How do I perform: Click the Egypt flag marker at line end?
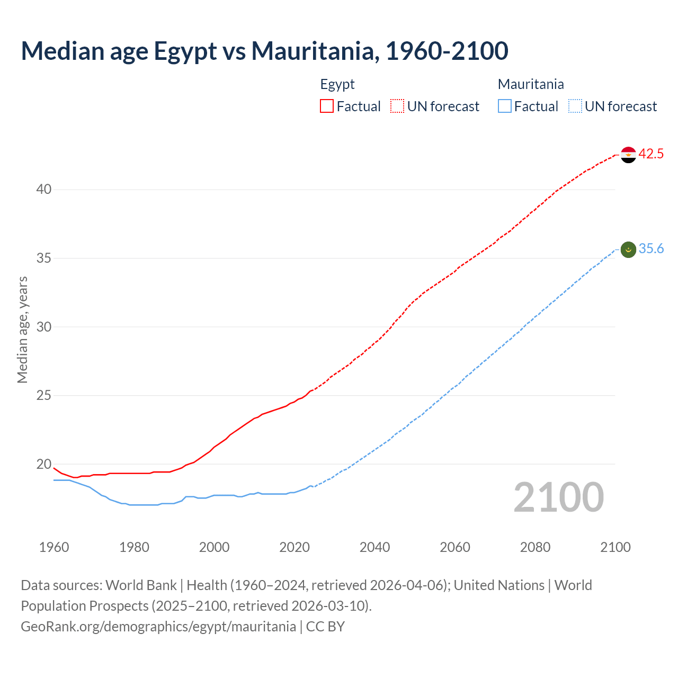click(628, 155)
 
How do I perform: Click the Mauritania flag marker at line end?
click(628, 249)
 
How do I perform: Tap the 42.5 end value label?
click(651, 154)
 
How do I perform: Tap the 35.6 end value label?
click(651, 249)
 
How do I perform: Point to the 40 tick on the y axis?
click(44, 190)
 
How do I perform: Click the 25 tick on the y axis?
click(44, 396)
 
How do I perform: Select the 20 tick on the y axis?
click(44, 465)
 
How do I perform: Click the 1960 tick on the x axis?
click(54, 547)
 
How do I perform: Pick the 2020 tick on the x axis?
click(295, 547)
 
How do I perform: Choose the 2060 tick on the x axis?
click(455, 547)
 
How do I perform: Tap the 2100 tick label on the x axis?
click(615, 547)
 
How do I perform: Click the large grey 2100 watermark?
click(558, 497)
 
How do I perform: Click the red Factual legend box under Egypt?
click(327, 106)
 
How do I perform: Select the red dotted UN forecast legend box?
click(397, 106)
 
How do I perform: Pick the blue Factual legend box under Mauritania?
click(504, 106)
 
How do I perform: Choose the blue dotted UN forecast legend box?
click(575, 106)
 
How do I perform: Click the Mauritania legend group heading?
click(531, 84)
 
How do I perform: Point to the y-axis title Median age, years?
click(22, 329)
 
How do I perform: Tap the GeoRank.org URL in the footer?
click(158, 627)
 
